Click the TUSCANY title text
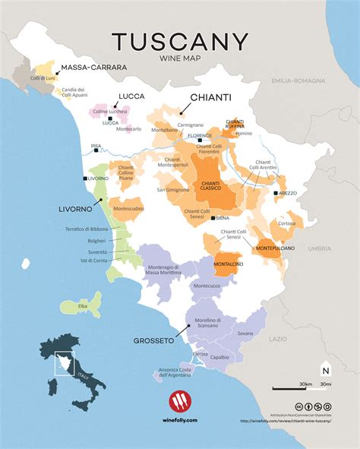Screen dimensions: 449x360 pyautogui.click(x=180, y=41)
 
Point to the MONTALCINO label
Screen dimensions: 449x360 pyautogui.click(x=227, y=263)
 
